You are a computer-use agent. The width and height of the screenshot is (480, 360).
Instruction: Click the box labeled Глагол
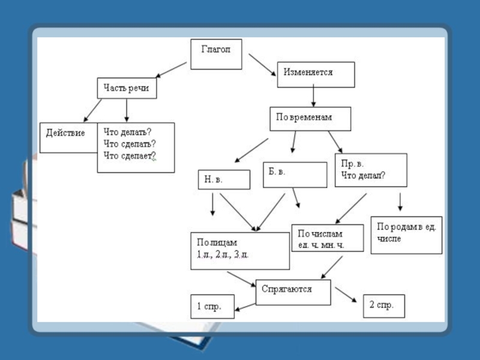click(x=217, y=54)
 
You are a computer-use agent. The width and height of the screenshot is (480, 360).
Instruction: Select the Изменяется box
click(x=316, y=74)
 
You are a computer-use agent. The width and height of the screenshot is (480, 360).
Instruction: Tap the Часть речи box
click(x=127, y=88)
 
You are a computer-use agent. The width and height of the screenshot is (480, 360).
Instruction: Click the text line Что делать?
click(x=127, y=132)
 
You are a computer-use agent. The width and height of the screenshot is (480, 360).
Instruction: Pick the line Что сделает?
click(x=130, y=156)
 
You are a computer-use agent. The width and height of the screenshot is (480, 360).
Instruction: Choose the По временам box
click(x=310, y=118)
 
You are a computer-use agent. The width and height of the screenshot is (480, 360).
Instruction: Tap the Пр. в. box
click(x=371, y=170)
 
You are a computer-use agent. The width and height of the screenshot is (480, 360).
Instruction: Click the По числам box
click(x=327, y=238)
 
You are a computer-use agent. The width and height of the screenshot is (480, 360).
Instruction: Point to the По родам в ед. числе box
click(x=406, y=235)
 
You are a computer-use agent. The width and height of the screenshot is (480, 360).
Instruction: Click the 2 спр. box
click(x=384, y=306)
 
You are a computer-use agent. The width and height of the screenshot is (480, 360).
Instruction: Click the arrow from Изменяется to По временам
click(x=314, y=97)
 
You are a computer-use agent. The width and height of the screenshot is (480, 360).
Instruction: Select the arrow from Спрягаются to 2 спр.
click(x=346, y=294)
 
